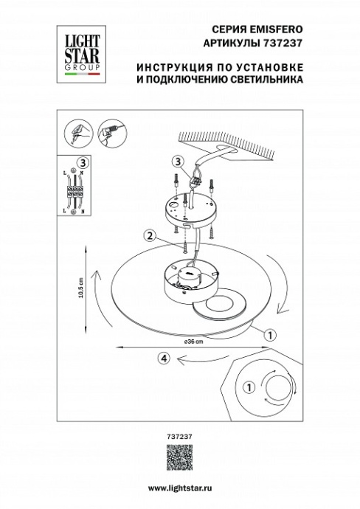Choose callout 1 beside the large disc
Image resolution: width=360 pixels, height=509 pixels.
tap(270, 334)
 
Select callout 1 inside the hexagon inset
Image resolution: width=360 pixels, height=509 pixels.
tap(249, 386)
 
